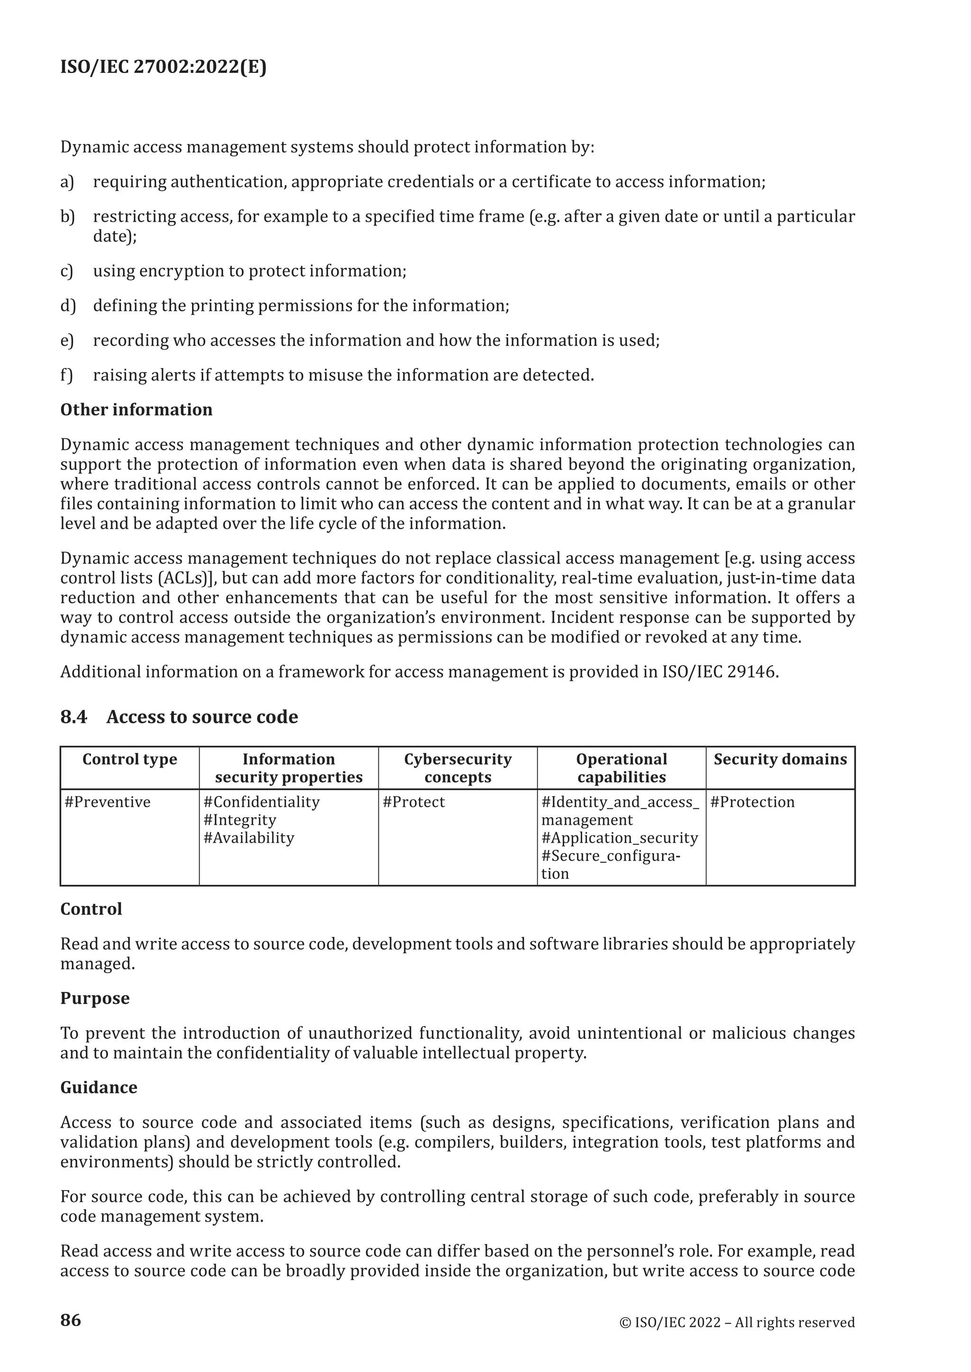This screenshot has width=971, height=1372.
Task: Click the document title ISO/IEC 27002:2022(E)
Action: click(163, 67)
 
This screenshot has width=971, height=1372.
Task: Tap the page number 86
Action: click(71, 1319)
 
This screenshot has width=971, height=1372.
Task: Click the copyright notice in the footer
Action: click(737, 1322)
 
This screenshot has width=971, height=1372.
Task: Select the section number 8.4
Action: click(73, 716)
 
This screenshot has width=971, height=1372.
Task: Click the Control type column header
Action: click(130, 759)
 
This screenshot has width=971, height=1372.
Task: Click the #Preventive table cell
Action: click(108, 802)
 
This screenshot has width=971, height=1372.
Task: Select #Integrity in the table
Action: click(240, 820)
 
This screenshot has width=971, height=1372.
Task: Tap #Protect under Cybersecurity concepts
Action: click(414, 802)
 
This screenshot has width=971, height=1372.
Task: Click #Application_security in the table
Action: click(619, 838)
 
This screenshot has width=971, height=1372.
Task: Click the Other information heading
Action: click(137, 409)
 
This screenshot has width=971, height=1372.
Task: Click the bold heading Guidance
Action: click(99, 1087)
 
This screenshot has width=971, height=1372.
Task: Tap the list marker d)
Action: click(68, 306)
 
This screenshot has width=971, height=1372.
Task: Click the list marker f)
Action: click(66, 375)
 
